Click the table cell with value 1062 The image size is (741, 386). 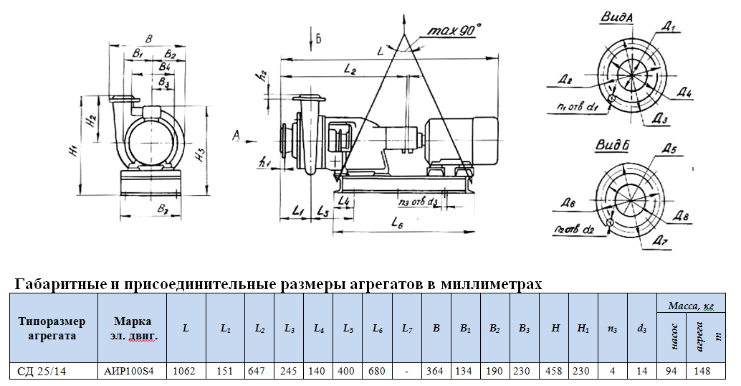pos(186,371)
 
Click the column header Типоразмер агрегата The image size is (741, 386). pos(51,328)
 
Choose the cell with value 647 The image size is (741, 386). pos(259,371)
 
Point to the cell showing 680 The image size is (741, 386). pos(377,371)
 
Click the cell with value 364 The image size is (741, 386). pos(436,371)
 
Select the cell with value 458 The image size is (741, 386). pos(554,371)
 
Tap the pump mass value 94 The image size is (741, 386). pos(671,371)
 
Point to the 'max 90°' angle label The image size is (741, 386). pos(454,31)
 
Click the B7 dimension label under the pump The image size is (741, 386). pos(161,210)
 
